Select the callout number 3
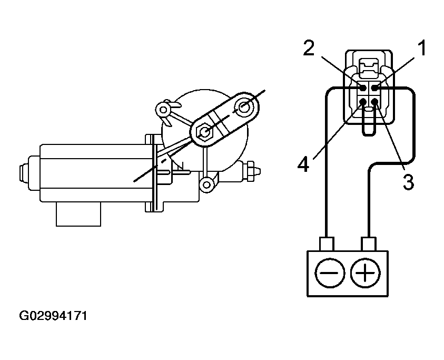coord(408,182)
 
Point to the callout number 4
coord(303,164)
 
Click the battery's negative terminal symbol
coord(330,273)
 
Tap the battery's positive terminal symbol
coord(365,273)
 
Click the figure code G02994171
coord(53,316)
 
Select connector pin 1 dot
coord(374,88)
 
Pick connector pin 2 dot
coord(363,88)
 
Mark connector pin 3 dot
coord(374,101)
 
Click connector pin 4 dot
coord(363,101)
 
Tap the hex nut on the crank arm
coord(205,131)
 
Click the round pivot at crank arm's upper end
coord(244,107)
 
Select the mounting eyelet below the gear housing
coord(207,185)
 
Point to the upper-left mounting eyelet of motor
coord(163,109)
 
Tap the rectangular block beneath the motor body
coord(78,214)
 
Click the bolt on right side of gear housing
coord(251,171)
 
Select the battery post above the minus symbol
coord(327,244)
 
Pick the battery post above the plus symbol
coord(369,244)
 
